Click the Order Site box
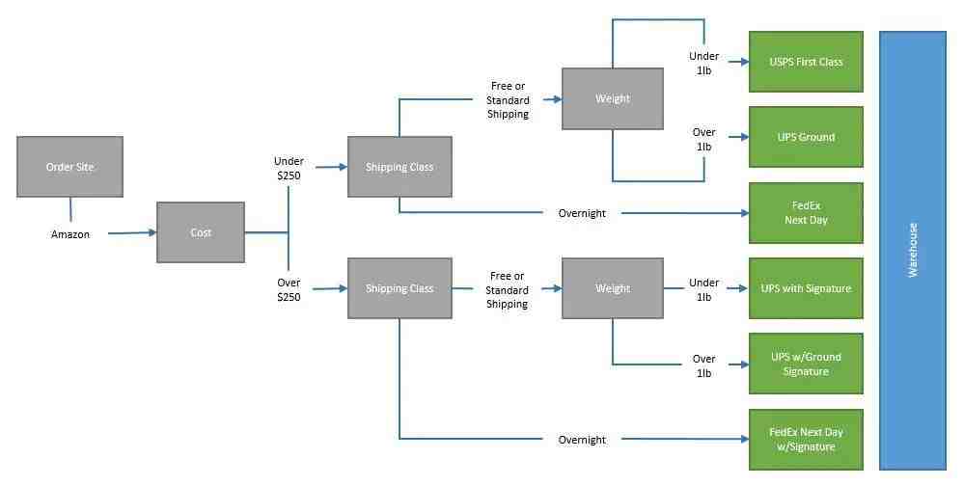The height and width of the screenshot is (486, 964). coord(70,167)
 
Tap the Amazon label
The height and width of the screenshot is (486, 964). coord(70,234)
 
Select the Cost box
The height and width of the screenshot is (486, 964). coord(201,232)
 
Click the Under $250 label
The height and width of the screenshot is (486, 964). coord(289,169)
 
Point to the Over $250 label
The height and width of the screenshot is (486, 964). coord(289,290)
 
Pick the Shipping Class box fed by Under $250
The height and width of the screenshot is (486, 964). coord(399,167)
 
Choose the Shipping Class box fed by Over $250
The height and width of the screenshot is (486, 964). coord(399,288)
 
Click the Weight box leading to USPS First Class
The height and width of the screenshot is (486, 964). coord(613,98)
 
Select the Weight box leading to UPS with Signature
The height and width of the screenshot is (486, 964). coord(613,288)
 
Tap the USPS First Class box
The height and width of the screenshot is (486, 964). coord(806,62)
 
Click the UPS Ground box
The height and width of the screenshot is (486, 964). coord(806,137)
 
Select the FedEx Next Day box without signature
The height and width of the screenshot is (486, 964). coord(806,212)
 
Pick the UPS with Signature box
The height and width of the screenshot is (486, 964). coord(806,288)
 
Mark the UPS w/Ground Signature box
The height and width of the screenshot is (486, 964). coord(806,364)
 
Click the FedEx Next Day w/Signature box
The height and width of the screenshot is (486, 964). coord(806,440)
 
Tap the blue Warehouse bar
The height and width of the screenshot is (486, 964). coord(913,251)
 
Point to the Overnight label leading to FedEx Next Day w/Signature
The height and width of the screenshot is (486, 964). coord(582,440)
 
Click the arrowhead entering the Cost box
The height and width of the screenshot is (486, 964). coord(151,232)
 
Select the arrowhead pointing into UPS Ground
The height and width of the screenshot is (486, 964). coord(745,137)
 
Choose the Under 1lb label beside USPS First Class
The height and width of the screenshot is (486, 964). coord(703,64)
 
